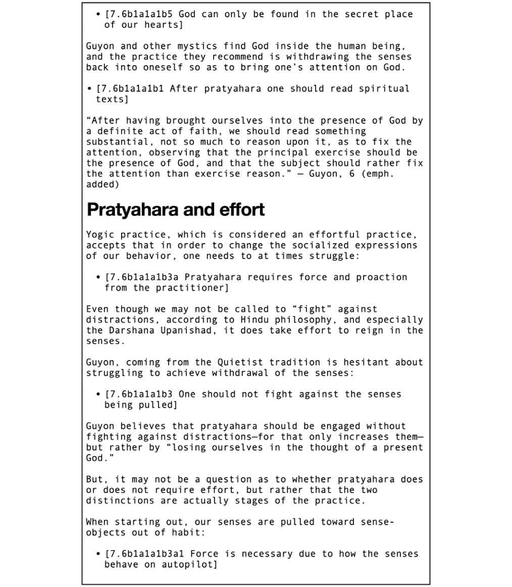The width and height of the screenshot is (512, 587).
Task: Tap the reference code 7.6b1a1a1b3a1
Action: click(146, 554)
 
